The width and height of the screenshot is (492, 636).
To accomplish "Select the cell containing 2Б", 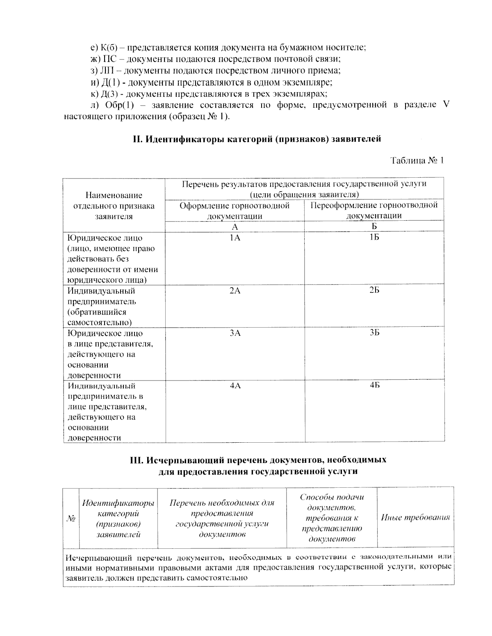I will coord(374,291).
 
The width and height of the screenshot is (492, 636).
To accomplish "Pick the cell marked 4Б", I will coord(374,386).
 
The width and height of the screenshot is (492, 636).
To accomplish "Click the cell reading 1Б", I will coord(374,238).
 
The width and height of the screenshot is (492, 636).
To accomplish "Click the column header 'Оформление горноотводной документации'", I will coord(235,210).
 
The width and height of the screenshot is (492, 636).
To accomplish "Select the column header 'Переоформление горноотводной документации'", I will coord(374,210).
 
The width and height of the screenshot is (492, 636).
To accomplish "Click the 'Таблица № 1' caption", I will coord(417,161).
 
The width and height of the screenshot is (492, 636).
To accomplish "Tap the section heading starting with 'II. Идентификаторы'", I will coord(257,139).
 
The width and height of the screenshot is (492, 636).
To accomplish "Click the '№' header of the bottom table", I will coord(71,518).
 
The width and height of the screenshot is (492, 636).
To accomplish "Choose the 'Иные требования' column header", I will coord(415,518).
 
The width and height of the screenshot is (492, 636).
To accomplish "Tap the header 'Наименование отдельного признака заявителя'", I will coord(114,206).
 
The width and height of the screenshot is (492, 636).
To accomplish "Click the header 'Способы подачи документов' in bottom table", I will coord(331,518).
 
